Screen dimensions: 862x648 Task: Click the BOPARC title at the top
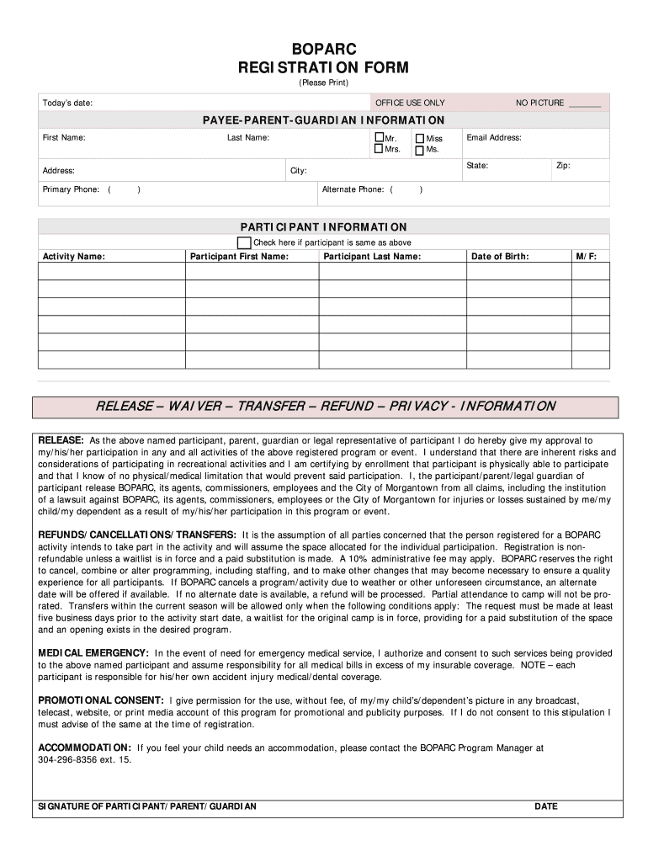(323, 50)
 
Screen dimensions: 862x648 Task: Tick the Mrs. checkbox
(379, 150)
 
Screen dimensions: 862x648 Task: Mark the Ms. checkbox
(420, 151)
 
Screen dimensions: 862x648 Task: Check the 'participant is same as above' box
(244, 242)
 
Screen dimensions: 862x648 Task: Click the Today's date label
(67, 103)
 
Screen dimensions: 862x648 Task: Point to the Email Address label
(494, 137)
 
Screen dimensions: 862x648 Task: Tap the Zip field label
(563, 166)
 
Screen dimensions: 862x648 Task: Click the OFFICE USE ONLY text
(410, 103)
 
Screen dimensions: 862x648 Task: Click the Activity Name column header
(74, 256)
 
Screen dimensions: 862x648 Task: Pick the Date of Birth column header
(500, 256)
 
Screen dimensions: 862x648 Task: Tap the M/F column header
(587, 256)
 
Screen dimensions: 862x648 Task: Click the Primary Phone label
(71, 189)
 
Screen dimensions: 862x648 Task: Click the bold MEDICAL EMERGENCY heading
(93, 652)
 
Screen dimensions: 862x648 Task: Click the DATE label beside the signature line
(546, 806)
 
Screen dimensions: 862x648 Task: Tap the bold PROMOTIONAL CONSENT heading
(101, 700)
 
